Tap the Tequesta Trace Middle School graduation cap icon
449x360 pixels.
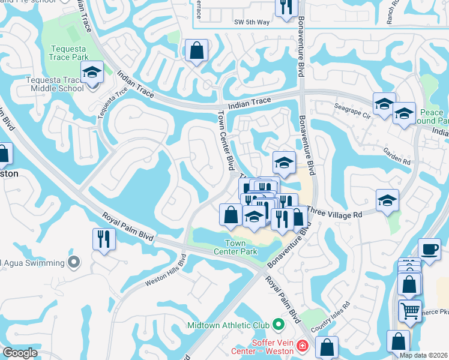click(x=92, y=73)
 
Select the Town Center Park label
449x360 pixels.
click(x=241, y=247)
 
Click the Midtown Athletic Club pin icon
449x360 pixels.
click(x=278, y=325)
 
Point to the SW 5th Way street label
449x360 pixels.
click(x=252, y=22)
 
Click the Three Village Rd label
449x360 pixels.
click(x=335, y=214)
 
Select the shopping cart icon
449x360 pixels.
click(x=410, y=311)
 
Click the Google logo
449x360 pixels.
click(x=20, y=352)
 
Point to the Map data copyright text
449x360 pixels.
click(x=424, y=355)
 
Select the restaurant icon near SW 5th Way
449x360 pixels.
click(x=286, y=6)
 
